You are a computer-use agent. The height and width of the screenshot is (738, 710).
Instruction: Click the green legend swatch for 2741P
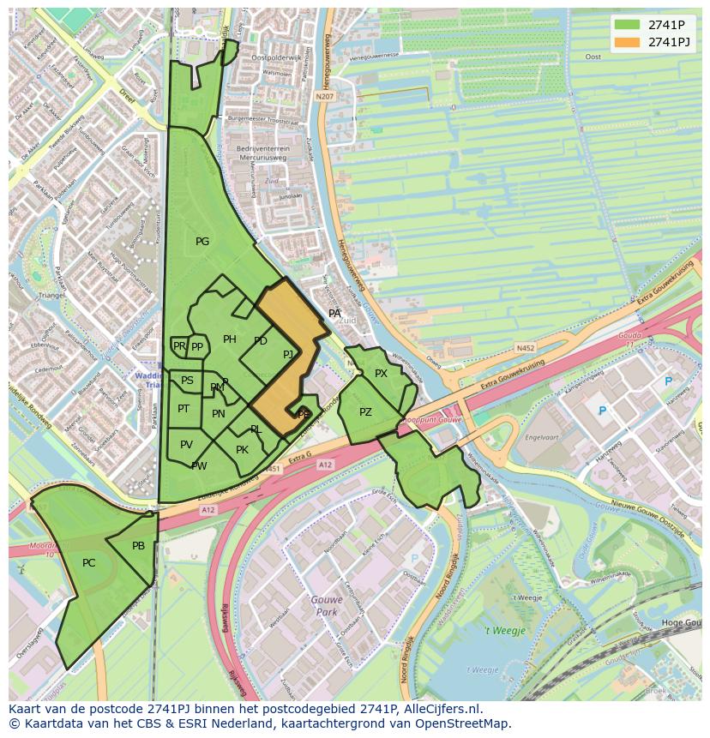click(x=628, y=25)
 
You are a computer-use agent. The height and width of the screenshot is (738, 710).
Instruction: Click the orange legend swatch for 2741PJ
click(x=628, y=42)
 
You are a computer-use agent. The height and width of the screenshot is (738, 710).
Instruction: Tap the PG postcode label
click(x=202, y=242)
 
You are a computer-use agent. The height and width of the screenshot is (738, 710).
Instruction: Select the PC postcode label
click(x=89, y=563)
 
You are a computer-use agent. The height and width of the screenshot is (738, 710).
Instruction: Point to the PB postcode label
click(x=138, y=546)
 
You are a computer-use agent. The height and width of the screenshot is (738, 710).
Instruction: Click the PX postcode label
click(x=381, y=374)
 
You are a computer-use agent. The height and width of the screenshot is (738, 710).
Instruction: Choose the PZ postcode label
click(x=365, y=412)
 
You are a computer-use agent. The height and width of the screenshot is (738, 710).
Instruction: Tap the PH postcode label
click(x=230, y=339)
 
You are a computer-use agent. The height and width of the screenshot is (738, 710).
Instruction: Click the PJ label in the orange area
click(x=288, y=354)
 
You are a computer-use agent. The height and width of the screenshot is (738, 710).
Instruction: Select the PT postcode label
click(x=184, y=409)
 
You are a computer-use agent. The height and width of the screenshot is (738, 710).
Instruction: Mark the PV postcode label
click(x=186, y=444)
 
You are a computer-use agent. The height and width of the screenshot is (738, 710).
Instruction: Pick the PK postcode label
click(x=242, y=450)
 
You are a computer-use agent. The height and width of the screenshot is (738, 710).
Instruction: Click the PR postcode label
click(x=179, y=346)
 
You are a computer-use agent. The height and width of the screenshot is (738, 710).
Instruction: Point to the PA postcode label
click(x=334, y=314)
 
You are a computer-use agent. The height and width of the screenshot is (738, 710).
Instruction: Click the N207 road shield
click(x=323, y=97)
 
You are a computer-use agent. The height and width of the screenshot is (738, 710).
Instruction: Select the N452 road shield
click(x=526, y=348)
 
